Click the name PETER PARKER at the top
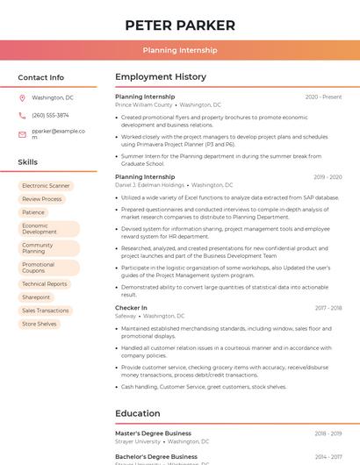click(180, 25)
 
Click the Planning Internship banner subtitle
click(180, 51)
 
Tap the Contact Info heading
click(41, 77)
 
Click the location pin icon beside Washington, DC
click(22, 97)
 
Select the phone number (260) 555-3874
click(50, 115)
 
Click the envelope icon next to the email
click(22, 133)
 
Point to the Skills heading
click(28, 162)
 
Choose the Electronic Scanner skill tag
click(46, 186)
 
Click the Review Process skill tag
click(42, 199)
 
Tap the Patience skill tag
click(33, 212)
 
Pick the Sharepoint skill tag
click(36, 297)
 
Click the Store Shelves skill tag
click(40, 324)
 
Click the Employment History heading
click(161, 77)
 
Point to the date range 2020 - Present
click(323, 97)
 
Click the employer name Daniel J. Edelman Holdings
click(150, 185)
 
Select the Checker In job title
click(131, 308)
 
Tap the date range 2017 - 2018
click(328, 308)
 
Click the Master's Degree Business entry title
click(153, 433)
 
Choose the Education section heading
click(138, 413)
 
